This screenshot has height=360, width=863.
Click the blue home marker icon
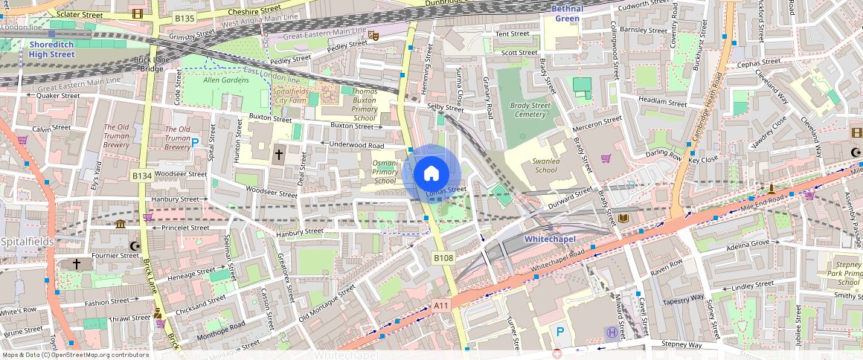click(x=431, y=174)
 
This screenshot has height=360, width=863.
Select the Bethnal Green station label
click(x=567, y=13)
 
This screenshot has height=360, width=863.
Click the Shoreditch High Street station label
click(x=52, y=49)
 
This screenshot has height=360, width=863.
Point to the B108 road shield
click(x=443, y=257)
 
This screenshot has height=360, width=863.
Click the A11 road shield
click(x=441, y=305)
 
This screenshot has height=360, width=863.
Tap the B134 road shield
click(x=141, y=176)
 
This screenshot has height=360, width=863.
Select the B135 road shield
click(x=184, y=18)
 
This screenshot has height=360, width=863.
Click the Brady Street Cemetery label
click(x=529, y=110)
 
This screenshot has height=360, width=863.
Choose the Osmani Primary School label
click(x=385, y=172)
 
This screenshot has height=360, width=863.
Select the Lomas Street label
click(x=446, y=190)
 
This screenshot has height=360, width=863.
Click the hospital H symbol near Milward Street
click(x=611, y=332)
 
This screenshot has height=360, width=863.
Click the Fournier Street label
click(x=115, y=256)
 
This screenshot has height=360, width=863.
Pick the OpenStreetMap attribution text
click(x=74, y=355)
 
